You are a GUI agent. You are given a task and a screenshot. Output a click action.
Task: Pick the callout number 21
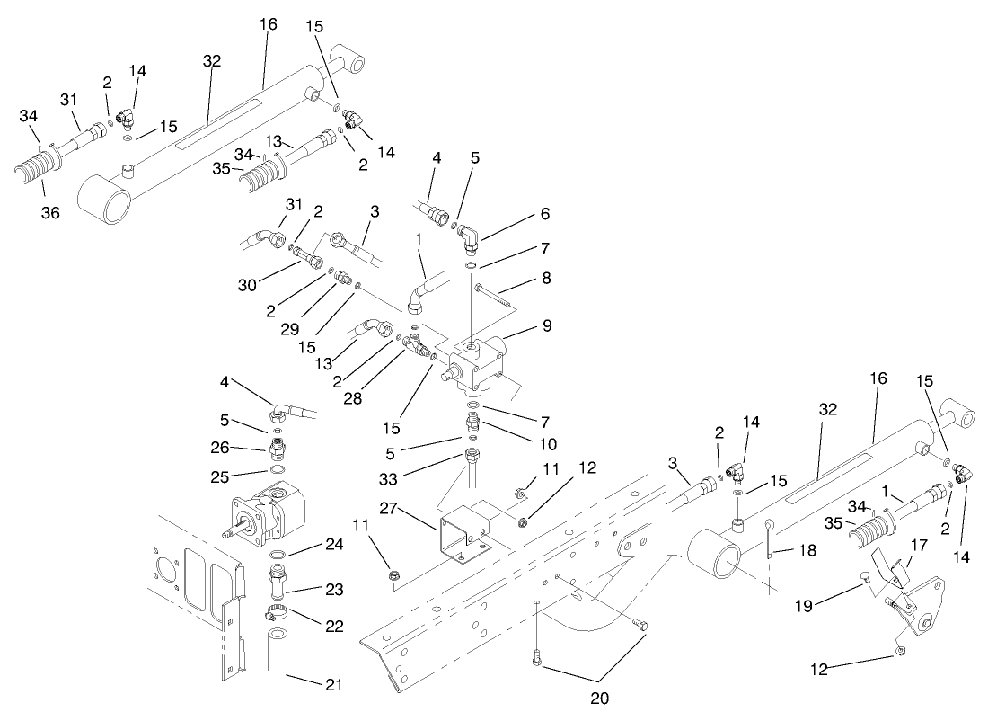point(333,683)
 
